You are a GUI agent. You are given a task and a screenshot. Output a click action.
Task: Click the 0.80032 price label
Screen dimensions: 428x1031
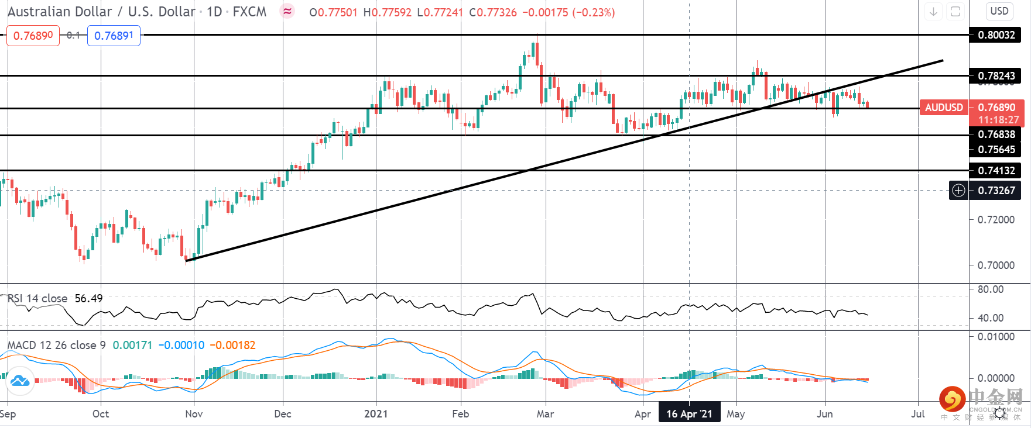tap(996, 35)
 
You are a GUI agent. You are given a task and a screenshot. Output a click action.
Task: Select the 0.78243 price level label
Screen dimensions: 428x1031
tap(996, 76)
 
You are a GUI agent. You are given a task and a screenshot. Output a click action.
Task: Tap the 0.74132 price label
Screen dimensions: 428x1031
tap(996, 171)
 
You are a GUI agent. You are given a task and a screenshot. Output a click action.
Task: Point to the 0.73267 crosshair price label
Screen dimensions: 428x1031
tap(996, 191)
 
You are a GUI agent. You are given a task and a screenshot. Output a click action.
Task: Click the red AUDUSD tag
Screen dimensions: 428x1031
tap(943, 108)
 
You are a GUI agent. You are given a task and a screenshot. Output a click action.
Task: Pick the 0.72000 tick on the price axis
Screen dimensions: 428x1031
tap(996, 220)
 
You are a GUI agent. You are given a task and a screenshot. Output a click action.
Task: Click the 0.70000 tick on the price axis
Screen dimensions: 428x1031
tap(996, 265)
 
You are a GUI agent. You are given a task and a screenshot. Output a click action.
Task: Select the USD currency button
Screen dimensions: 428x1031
tap(999, 11)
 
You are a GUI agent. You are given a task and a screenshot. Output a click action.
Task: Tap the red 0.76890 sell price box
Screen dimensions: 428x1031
tap(33, 36)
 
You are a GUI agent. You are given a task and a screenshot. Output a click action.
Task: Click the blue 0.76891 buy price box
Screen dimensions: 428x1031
tap(114, 36)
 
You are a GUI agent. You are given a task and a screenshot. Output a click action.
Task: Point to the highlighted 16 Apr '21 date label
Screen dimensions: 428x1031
tap(689, 414)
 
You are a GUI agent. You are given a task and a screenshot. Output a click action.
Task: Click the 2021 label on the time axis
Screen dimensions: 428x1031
tap(376, 414)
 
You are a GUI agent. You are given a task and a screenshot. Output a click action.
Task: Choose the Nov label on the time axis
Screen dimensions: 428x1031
tap(194, 414)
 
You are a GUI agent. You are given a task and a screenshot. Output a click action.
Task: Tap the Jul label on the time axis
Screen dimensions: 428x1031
tap(917, 414)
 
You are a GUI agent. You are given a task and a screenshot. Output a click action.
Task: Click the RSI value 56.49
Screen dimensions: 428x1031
tap(88, 299)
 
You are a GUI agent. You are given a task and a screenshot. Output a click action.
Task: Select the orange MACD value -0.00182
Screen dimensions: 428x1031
tap(232, 346)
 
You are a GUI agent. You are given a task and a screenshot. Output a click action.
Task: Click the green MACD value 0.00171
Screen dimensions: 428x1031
tap(132, 346)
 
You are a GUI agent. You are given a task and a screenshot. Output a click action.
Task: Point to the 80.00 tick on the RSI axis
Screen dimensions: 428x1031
tap(991, 289)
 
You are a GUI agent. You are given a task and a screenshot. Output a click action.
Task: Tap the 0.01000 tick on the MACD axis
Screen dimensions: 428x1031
tap(996, 337)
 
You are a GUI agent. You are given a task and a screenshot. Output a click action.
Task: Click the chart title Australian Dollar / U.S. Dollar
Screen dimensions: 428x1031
tap(101, 12)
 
